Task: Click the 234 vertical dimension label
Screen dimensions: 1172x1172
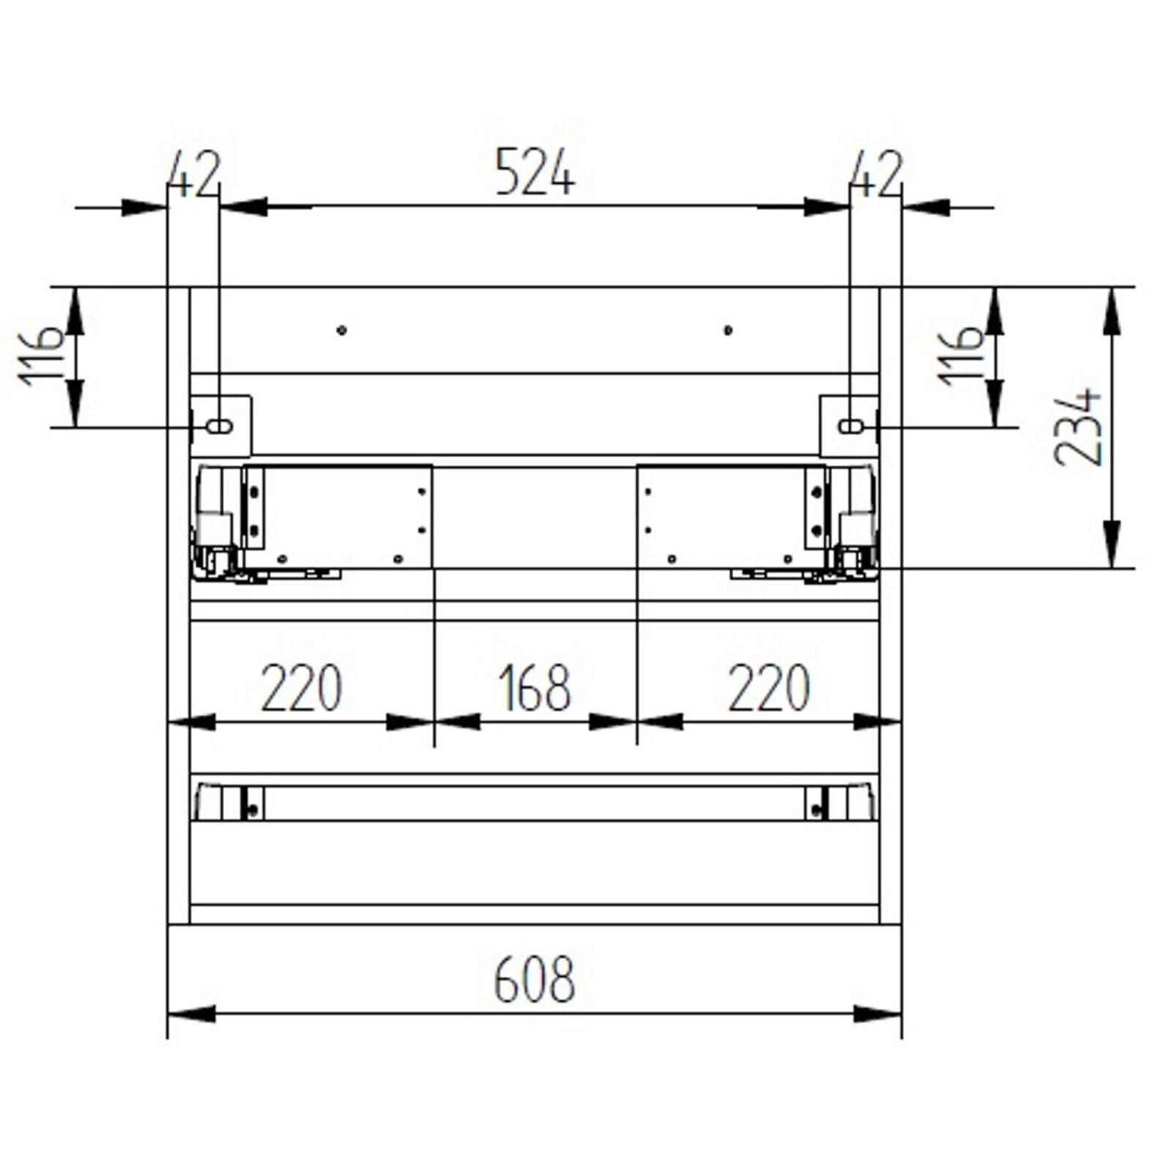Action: click(1078, 428)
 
